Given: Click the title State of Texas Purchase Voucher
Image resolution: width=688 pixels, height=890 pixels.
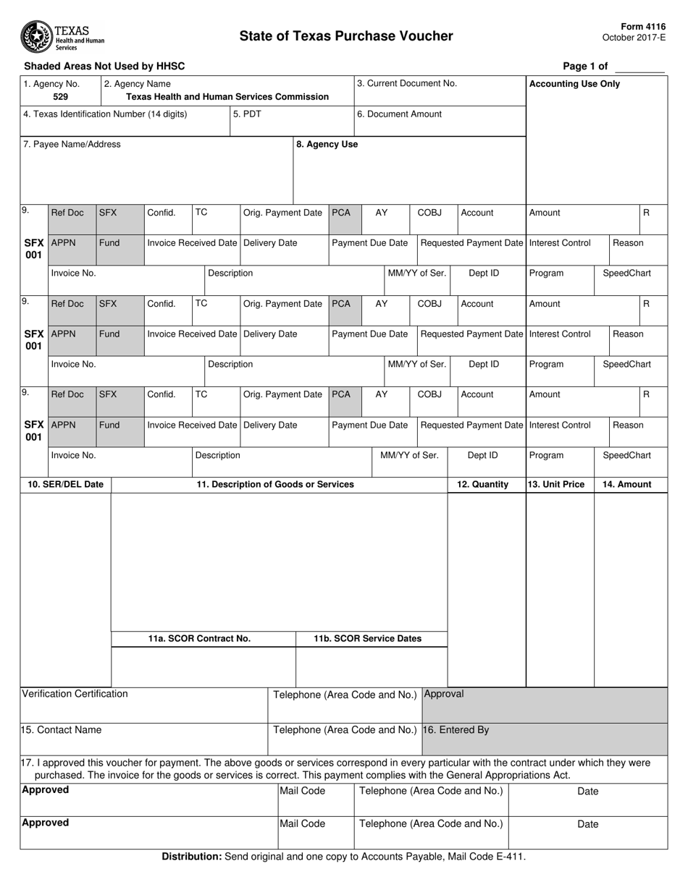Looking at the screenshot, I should (346, 36).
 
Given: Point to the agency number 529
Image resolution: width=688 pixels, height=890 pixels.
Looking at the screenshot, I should (61, 96).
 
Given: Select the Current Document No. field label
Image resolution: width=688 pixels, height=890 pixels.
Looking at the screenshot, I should (407, 83).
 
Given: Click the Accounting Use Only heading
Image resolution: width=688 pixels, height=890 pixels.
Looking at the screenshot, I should (575, 84).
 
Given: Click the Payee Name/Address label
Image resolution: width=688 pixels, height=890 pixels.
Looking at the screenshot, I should (72, 144).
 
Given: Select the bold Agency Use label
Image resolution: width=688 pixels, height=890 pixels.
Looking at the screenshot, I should (327, 144).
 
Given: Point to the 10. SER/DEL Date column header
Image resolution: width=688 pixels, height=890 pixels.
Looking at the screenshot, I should (66, 484).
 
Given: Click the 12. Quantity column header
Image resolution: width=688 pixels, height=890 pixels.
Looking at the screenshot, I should (482, 484).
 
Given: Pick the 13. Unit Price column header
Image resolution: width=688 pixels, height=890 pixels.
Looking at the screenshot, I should (556, 484).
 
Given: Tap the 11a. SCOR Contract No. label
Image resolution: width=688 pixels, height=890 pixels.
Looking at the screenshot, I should (199, 638).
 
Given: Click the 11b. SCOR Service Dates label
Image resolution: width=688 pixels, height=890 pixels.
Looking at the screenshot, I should (367, 638).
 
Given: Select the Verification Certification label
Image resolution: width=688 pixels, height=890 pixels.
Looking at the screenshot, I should (75, 694).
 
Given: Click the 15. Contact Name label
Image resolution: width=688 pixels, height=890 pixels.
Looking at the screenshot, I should (62, 729).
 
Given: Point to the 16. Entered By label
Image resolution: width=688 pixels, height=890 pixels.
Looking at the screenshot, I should (456, 729).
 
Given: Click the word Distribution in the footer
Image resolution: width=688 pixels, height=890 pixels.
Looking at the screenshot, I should (191, 857).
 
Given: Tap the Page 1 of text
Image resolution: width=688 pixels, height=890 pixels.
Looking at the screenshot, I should (585, 66).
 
